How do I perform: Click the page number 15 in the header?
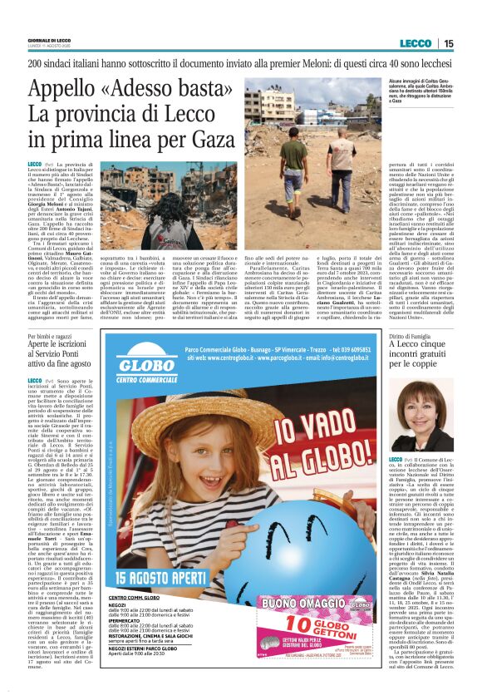pyautogui.click(x=449, y=42)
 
